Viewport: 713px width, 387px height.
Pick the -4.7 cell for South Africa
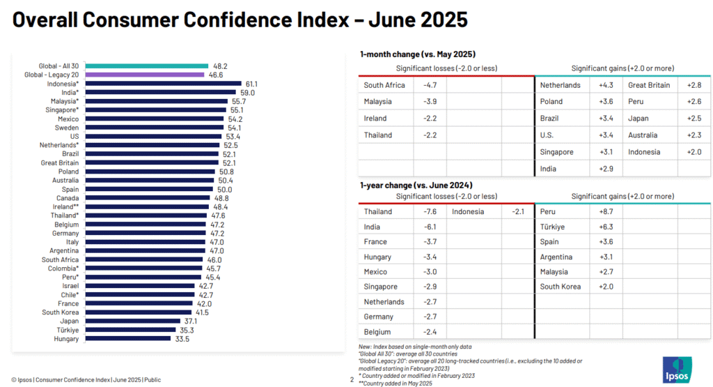[430, 85]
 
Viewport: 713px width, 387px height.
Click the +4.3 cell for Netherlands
[606, 85]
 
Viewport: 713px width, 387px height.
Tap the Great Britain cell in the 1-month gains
[649, 85]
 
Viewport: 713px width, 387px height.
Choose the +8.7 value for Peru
[606, 211]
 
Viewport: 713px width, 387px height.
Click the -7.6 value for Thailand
[430, 211]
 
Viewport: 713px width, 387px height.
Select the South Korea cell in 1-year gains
[561, 287]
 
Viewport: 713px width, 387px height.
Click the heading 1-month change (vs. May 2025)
[417, 54]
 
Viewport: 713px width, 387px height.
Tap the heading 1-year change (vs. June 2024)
[416, 185]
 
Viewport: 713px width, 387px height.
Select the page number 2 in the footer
[352, 380]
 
